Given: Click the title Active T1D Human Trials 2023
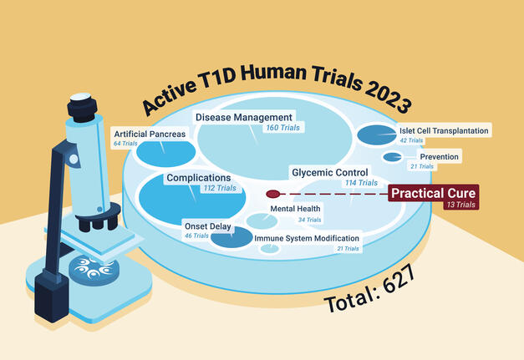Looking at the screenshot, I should (x=275, y=88).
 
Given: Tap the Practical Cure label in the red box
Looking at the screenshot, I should (x=433, y=193).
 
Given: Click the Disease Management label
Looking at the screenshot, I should (x=244, y=117).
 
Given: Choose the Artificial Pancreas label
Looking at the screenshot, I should (x=150, y=134).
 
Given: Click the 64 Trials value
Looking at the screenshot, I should (x=124, y=145).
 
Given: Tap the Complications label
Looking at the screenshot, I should (x=198, y=178).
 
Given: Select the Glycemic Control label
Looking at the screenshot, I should (x=329, y=172).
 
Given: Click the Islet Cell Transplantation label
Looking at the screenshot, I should (x=444, y=129).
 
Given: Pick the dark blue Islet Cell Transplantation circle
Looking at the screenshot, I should (x=375, y=134).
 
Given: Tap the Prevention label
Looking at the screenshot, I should (x=439, y=156).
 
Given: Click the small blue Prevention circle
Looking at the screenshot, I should (x=392, y=157).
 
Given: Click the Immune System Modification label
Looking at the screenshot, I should (x=308, y=238).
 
